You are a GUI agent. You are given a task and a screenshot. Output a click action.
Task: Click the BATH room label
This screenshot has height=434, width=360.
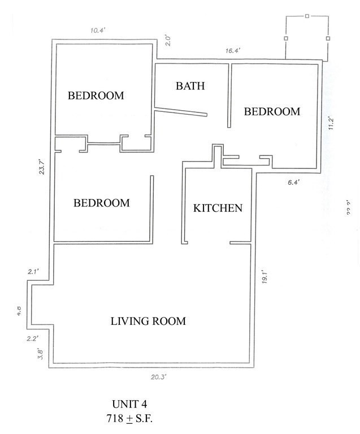click(x=190, y=86)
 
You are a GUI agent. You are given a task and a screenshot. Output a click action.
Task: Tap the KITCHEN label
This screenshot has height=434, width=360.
click(x=218, y=208)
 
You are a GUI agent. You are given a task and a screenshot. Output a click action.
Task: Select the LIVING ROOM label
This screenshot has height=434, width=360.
click(x=148, y=322)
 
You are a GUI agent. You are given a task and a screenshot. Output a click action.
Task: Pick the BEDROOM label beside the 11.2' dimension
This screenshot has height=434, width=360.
click(x=272, y=111)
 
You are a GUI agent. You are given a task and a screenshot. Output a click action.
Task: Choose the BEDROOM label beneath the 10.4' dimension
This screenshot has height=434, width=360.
click(x=96, y=96)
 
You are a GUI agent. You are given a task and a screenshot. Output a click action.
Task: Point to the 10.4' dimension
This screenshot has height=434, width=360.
click(x=99, y=31)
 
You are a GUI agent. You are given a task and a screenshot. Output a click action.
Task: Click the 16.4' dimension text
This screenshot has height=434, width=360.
click(x=233, y=51)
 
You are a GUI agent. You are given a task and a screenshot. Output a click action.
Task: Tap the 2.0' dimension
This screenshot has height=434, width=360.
click(x=167, y=41)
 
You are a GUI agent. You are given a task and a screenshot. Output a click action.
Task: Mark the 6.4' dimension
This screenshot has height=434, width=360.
click(x=293, y=182)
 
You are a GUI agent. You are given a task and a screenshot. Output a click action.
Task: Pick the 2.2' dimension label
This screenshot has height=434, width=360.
click(x=32, y=339)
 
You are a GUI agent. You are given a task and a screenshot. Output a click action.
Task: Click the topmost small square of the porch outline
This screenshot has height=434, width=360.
click(x=307, y=16)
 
